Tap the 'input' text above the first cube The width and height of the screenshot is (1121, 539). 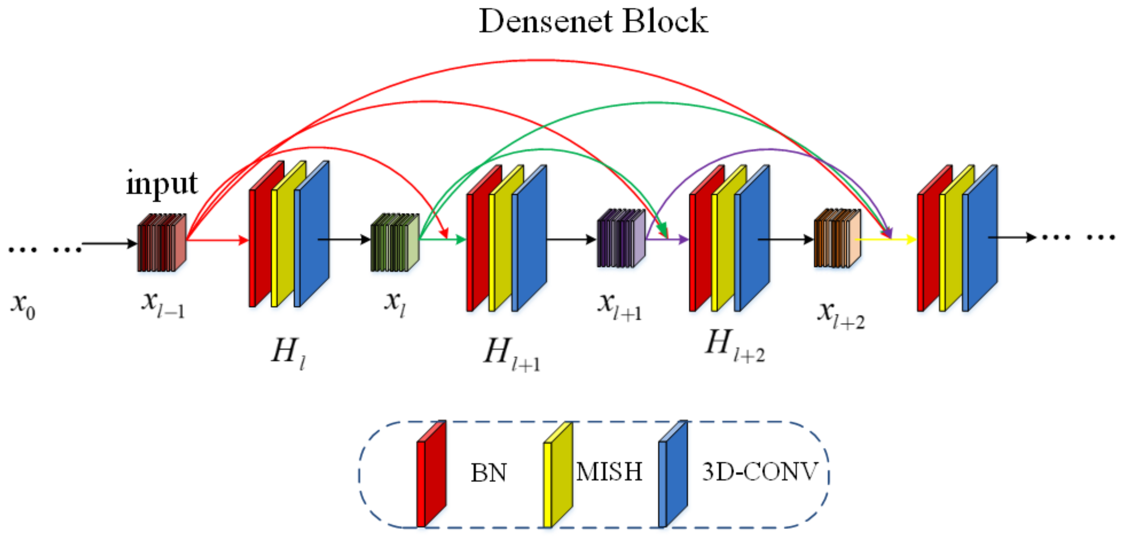[x=162, y=183]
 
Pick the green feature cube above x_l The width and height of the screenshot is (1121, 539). [x=394, y=243]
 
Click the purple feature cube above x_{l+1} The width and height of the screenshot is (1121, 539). [x=621, y=238]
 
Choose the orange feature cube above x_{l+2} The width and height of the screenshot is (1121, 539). [x=837, y=239]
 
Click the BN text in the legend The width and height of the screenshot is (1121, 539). [x=489, y=473]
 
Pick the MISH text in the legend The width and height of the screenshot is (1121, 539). [x=609, y=471]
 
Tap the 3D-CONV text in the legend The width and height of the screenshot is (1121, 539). [x=760, y=471]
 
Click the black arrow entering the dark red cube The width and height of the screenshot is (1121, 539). [x=109, y=243]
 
